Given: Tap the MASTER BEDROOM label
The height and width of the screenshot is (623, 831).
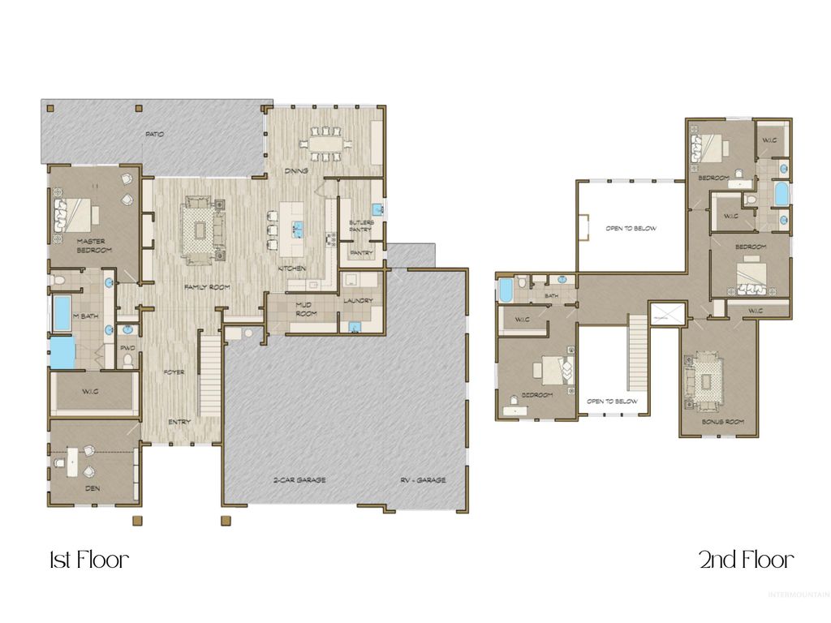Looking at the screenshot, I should (x=94, y=246).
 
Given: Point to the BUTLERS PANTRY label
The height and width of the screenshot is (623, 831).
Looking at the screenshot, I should (x=360, y=226).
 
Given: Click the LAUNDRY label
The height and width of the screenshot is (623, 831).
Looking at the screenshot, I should (x=358, y=301).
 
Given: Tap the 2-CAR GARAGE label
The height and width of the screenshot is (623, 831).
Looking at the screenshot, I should (x=299, y=480).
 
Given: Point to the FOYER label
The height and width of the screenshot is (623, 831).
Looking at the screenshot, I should (x=173, y=372).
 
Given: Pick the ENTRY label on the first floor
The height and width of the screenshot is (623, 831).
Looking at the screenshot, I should (x=179, y=422).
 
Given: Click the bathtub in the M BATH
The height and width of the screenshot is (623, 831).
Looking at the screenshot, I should (x=62, y=313).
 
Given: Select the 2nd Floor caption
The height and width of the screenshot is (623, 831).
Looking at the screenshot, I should (x=747, y=560).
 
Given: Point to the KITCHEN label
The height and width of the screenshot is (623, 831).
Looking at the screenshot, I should (x=292, y=269).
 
